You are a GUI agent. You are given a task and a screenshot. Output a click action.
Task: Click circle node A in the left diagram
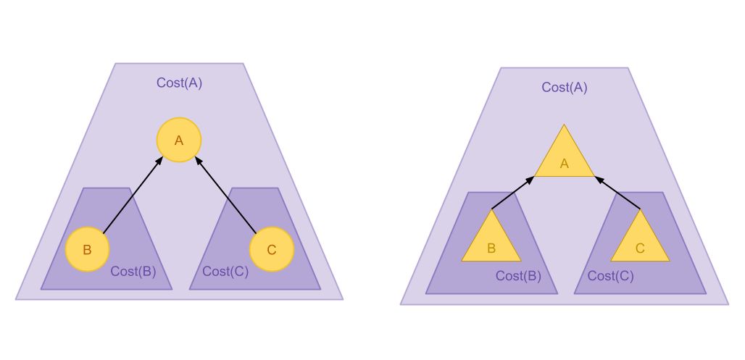179,140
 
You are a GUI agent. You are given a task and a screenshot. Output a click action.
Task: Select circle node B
87,250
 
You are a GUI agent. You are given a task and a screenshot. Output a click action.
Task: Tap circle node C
271,250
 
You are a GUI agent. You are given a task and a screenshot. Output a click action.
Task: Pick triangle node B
491,243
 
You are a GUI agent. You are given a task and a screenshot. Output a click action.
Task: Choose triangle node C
640,243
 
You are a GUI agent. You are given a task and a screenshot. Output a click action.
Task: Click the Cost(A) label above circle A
179,83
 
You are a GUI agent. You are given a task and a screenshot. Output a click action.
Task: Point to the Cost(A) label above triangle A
565,88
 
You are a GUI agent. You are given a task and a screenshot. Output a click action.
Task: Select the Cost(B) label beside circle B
133,272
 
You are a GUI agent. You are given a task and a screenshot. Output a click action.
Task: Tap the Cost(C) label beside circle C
225,272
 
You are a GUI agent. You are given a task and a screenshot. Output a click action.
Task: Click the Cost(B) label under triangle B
518,276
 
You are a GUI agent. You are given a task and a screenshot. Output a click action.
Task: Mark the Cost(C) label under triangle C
610,276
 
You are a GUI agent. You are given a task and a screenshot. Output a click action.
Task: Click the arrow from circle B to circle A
133,193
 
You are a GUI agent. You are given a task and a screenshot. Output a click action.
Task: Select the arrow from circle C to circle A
225,193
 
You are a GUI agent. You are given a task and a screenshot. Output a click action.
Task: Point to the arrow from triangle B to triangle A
513,193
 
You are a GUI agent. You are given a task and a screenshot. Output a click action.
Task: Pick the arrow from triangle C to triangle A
617,193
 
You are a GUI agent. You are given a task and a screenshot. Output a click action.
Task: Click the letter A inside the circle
179,141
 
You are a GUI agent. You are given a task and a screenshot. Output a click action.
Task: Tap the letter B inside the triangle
491,248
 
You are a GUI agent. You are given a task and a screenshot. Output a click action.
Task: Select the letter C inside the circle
271,251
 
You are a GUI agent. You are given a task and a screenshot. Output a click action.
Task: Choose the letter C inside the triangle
640,248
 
